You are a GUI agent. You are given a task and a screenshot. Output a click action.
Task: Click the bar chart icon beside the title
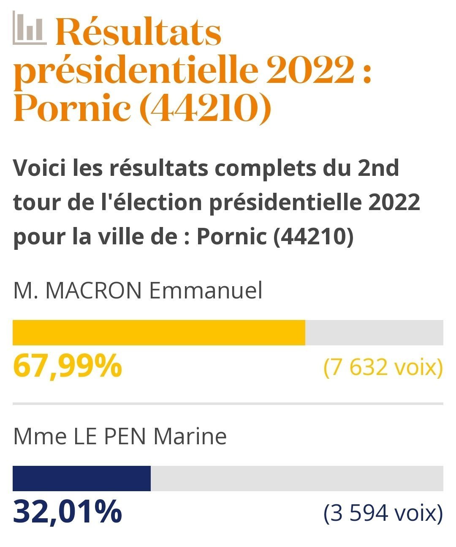tap(29, 28)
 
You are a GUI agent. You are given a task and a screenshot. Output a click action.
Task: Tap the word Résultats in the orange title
tap(138, 33)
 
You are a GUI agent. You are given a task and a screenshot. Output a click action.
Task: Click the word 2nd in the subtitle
tap(378, 168)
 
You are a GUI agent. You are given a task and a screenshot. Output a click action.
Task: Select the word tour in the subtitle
tap(33, 202)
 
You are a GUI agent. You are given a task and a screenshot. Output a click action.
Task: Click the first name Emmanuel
tap(206, 291)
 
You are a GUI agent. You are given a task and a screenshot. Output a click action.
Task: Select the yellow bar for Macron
tap(159, 333)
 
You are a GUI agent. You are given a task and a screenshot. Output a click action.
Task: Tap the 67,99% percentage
tap(68, 366)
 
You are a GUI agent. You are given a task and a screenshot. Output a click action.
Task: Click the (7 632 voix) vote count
tap(383, 367)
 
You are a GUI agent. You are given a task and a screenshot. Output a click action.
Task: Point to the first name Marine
tap(190, 436)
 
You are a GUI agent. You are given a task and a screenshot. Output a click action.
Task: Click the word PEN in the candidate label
tap(125, 436)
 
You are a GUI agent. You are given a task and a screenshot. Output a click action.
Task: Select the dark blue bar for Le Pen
tap(81, 479)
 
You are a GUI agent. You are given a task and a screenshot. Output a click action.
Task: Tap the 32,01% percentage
tap(68, 512)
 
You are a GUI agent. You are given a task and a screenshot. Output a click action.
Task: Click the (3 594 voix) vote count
tap(383, 513)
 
